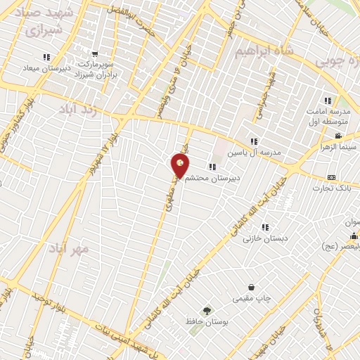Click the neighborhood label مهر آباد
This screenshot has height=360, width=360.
tap(69, 248)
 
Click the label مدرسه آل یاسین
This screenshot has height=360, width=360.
tap(257, 152)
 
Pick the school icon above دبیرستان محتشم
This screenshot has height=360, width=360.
tap(212, 167)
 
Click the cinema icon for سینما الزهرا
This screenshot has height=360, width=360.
tap(338, 136)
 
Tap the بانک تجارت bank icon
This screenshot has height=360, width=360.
tap(331, 176)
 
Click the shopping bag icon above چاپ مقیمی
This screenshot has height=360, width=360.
tap(251, 287)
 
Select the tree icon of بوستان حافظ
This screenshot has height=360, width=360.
tap(207, 310)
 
